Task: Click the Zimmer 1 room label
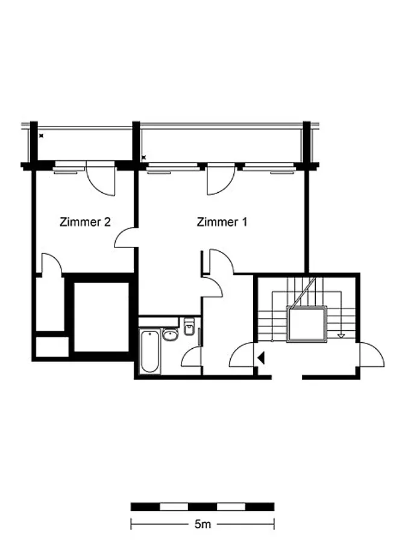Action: click(x=222, y=222)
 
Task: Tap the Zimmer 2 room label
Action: click(x=85, y=222)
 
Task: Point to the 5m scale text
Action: click(x=202, y=524)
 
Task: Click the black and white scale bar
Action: click(x=202, y=507)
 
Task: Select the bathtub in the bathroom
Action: click(x=149, y=351)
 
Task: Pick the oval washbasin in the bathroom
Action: click(x=170, y=334)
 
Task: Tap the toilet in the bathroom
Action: click(x=189, y=327)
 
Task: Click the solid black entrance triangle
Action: click(x=261, y=358)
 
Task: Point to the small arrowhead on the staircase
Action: click(x=341, y=336)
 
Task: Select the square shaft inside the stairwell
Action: click(x=307, y=324)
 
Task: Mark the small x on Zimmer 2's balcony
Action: click(x=41, y=136)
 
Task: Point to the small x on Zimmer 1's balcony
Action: click(x=143, y=158)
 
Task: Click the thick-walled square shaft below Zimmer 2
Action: click(x=101, y=317)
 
